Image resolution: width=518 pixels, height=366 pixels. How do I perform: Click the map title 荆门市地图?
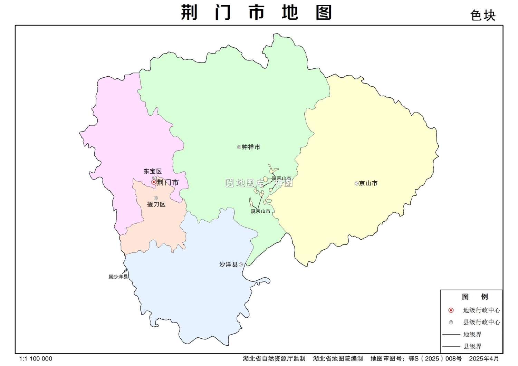[256, 13]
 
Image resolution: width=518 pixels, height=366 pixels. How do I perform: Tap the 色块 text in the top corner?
[483, 16]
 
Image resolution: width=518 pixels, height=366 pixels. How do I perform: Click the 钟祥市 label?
[251, 147]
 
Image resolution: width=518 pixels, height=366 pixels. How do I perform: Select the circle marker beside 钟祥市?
[239, 147]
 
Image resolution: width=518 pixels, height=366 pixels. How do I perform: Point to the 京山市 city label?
[368, 183]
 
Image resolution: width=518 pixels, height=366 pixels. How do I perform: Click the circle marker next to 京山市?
[357, 183]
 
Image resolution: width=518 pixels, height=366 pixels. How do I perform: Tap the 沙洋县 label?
[229, 264]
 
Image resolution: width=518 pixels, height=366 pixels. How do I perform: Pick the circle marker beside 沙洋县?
[241, 264]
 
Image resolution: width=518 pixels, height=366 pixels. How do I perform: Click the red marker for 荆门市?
[154, 182]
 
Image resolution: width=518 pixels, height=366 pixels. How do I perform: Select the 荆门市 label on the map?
[168, 182]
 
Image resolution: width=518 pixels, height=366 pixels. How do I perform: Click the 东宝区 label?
[152, 171]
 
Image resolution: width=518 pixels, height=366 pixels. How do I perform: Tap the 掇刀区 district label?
[156, 204]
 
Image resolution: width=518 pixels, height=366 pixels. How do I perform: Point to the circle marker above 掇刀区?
[156, 198]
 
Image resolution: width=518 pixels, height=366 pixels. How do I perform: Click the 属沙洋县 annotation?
[118, 277]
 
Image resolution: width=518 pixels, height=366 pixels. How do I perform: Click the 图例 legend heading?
[475, 297]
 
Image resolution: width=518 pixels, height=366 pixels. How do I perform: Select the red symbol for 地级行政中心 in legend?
[451, 310]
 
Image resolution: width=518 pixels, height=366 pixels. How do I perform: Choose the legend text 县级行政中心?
[481, 322]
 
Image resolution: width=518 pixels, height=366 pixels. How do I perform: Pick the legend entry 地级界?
[472, 334]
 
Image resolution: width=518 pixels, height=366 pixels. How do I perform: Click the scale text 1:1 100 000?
[36, 359]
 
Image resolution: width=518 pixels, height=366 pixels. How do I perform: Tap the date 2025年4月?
[484, 359]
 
